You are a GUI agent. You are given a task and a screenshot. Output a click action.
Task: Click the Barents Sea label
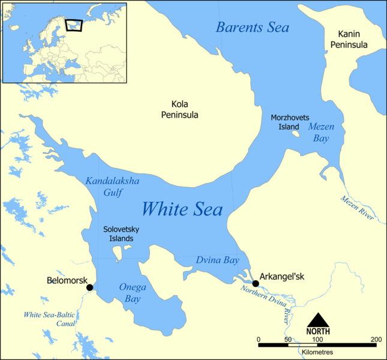tap(252, 28)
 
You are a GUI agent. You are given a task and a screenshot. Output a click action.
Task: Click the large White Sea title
tap(182, 209)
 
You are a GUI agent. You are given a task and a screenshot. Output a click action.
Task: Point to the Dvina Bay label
tap(217, 260)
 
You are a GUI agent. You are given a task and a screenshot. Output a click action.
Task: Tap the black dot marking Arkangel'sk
tap(256, 283)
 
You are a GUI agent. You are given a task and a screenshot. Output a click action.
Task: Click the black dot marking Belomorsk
tap(90, 287)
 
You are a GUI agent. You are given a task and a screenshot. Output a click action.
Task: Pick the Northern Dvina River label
tap(265, 301)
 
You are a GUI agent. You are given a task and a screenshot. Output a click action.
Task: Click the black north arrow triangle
tap(318, 320)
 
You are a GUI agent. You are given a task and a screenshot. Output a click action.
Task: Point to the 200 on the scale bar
tap(376, 340)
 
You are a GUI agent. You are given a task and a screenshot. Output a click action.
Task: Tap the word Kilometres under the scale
tap(317, 352)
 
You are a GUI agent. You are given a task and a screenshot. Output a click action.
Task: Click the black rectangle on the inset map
tap(73, 25)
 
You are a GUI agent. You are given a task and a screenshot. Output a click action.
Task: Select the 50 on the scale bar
tap(287, 340)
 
